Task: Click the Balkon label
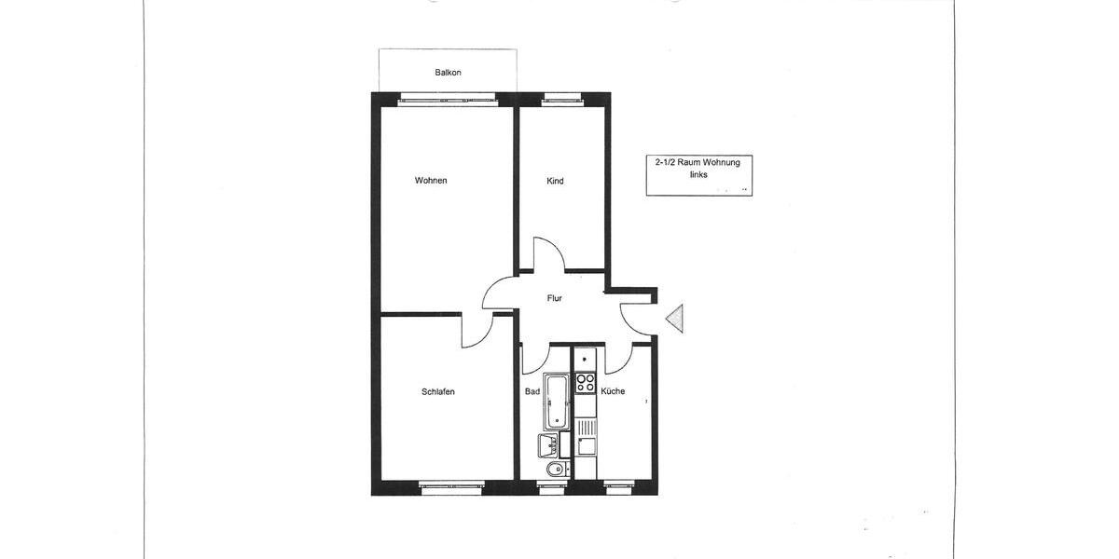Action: pyautogui.click(x=448, y=73)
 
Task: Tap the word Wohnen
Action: pyautogui.click(x=431, y=181)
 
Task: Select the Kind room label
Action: pyautogui.click(x=555, y=181)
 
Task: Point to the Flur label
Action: pyautogui.click(x=555, y=298)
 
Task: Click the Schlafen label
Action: pyautogui.click(x=437, y=392)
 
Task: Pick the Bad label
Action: pyautogui.click(x=532, y=392)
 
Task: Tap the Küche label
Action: pyautogui.click(x=613, y=391)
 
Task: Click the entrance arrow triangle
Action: pyautogui.click(x=677, y=319)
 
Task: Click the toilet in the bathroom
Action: pyautogui.click(x=556, y=468)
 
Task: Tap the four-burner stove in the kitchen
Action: pyautogui.click(x=585, y=382)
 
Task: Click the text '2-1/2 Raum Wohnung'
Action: pyautogui.click(x=698, y=162)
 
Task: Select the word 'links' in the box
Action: pyautogui.click(x=698, y=175)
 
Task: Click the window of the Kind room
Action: pyautogui.click(x=562, y=96)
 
